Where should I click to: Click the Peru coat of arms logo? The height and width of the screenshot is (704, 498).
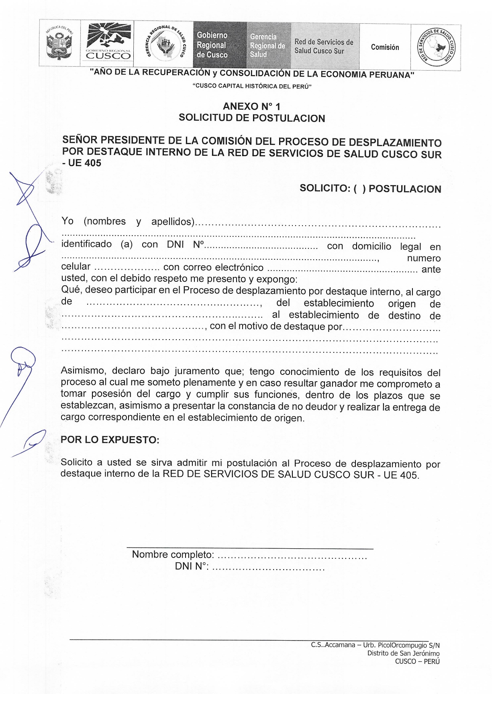(59, 44)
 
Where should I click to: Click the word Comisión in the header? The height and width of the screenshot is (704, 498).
(385, 47)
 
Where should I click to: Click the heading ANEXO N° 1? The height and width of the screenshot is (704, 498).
(252, 106)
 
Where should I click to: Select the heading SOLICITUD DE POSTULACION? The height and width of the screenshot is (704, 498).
(252, 118)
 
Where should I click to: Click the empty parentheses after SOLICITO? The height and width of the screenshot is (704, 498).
(359, 189)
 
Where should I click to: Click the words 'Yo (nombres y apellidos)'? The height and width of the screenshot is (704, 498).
(128, 222)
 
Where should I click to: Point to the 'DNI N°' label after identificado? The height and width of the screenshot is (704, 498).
(185, 244)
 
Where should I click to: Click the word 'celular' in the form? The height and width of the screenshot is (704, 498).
(76, 267)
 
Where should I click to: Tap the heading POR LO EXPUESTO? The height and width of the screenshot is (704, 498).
(110, 440)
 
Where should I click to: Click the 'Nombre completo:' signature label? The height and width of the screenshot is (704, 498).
(173, 555)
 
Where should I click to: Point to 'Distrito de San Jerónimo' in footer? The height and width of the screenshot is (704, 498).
(403, 653)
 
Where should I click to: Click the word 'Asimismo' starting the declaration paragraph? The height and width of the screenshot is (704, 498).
(84, 371)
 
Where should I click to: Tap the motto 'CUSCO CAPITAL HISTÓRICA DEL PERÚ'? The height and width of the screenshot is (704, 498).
(252, 87)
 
